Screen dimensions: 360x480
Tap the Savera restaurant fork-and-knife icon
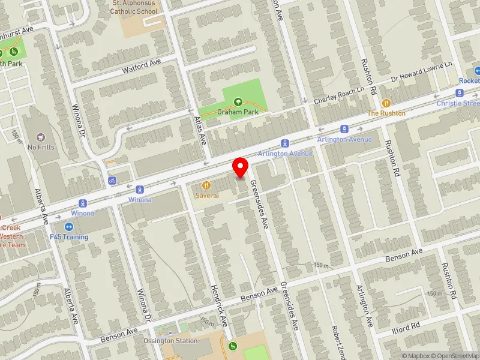point(206,186)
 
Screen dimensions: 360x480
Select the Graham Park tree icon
point(238,101)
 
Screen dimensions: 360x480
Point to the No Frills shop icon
point(41,137)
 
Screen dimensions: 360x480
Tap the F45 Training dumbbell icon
point(68,227)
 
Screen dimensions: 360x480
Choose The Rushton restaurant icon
point(386,103)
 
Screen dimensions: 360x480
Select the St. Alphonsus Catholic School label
point(134,7)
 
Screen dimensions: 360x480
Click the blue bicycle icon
point(112,180)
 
